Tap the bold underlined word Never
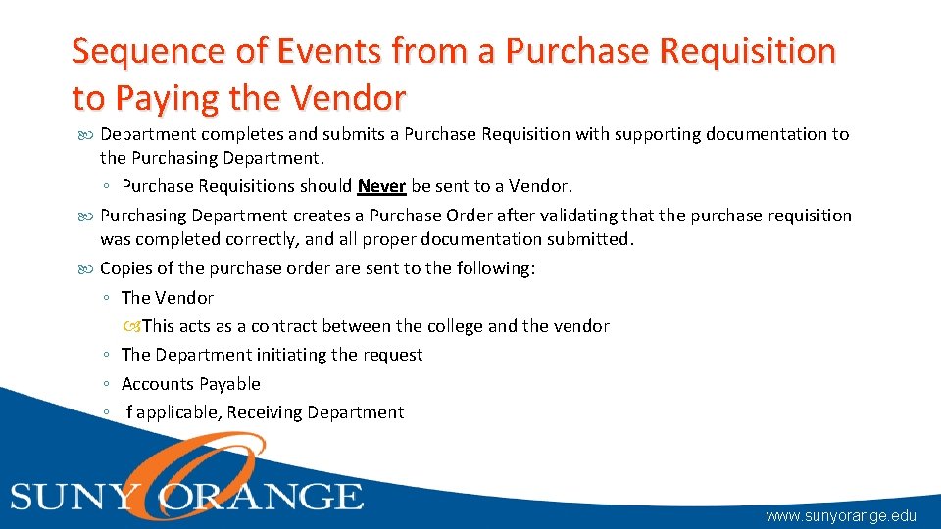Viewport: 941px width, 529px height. [382, 185]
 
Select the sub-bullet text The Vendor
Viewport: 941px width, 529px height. [168, 297]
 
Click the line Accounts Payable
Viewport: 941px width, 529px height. [191, 384]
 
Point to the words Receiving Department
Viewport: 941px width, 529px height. [315, 412]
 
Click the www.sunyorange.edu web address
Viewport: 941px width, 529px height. [841, 515]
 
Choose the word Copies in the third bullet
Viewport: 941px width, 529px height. [128, 268]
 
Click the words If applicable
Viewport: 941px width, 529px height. [172, 412]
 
